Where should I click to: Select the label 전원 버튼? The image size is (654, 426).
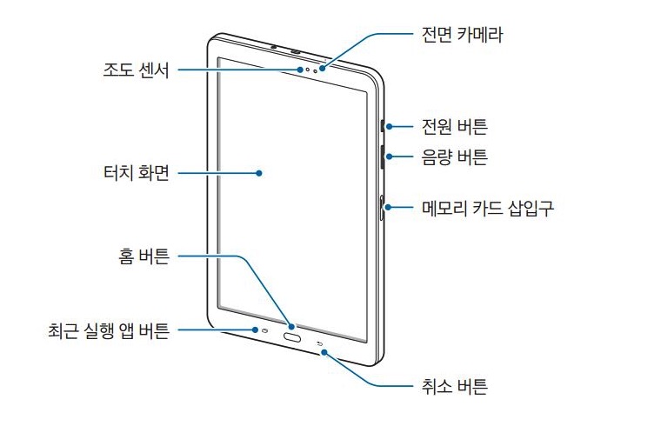454,127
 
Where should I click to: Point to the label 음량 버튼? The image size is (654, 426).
454,157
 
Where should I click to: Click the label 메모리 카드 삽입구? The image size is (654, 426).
487,208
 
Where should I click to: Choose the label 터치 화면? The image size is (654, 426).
135,173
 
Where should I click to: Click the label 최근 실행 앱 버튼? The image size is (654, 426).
109,330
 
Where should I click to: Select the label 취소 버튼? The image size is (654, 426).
454,384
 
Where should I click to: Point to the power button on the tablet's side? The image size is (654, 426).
383,125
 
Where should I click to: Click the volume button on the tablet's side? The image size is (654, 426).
383,156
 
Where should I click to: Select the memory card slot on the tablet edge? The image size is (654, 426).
384,208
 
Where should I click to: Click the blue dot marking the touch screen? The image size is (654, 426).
259,173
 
